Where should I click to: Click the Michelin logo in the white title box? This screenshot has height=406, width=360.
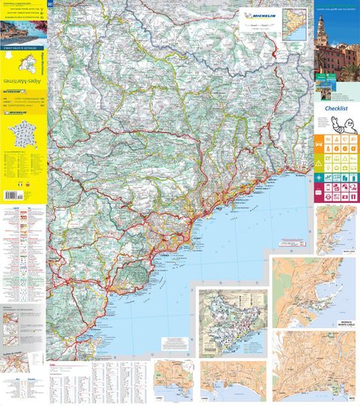coord(259,15)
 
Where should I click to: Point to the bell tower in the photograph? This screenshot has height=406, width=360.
coord(320,30)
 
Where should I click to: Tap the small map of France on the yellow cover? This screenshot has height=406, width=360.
coord(22,136)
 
